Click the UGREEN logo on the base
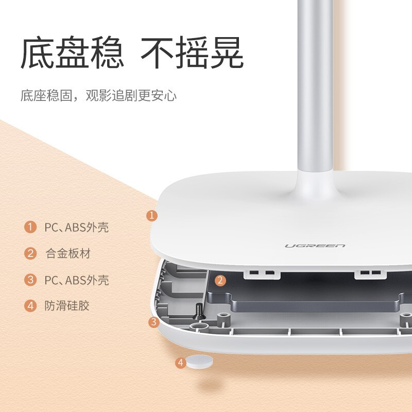pyautogui.click(x=315, y=246)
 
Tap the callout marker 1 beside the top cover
pyautogui.click(x=152, y=215)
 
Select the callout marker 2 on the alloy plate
pyautogui.click(x=220, y=280)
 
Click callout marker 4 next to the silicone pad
pyautogui.click(x=181, y=363)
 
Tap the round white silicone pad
pyautogui.click(x=199, y=362)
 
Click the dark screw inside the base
pyautogui.click(x=198, y=312)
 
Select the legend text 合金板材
pyautogui.click(x=68, y=253)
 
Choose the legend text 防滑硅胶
pyautogui.click(x=67, y=305)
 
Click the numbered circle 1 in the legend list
pyautogui.click(x=30, y=227)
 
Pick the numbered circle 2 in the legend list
pyautogui.click(x=30, y=253)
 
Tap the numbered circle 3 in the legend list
pyautogui.click(x=30, y=280)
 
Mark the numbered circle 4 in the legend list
pyautogui.click(x=30, y=306)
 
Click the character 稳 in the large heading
pyautogui.click(x=107, y=53)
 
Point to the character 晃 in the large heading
pyautogui.click(x=227, y=53)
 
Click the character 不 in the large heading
pyautogui.click(x=157, y=53)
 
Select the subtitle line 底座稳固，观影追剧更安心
pyautogui.click(x=98, y=95)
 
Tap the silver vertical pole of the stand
pyautogui.click(x=315, y=87)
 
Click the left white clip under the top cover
pyautogui.click(x=262, y=274)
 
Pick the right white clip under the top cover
pyautogui.click(x=370, y=274)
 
